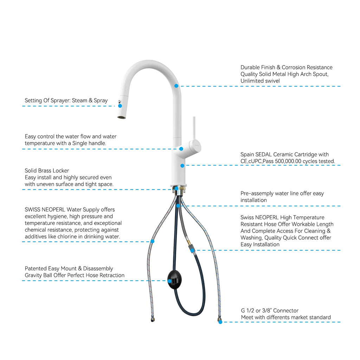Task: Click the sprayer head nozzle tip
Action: pyautogui.click(x=121, y=117)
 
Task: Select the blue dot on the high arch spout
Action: pyautogui.click(x=176, y=86)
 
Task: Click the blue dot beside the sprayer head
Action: pyautogui.click(x=120, y=106)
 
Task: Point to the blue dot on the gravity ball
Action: pyautogui.click(x=169, y=281)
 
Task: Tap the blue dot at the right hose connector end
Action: pyautogui.click(x=220, y=322)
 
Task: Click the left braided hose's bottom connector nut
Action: pyautogui.click(x=153, y=319)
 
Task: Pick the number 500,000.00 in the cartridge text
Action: pyautogui.click(x=288, y=161)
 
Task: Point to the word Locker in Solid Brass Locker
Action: pyautogui.click(x=62, y=171)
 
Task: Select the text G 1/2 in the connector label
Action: pyautogui.click(x=247, y=311)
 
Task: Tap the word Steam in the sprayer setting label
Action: pyautogui.click(x=80, y=101)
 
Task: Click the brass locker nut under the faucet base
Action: pyautogui.click(x=178, y=189)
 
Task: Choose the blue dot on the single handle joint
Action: pyautogui.click(x=181, y=149)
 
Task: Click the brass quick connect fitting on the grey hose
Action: pyautogui.click(x=188, y=242)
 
